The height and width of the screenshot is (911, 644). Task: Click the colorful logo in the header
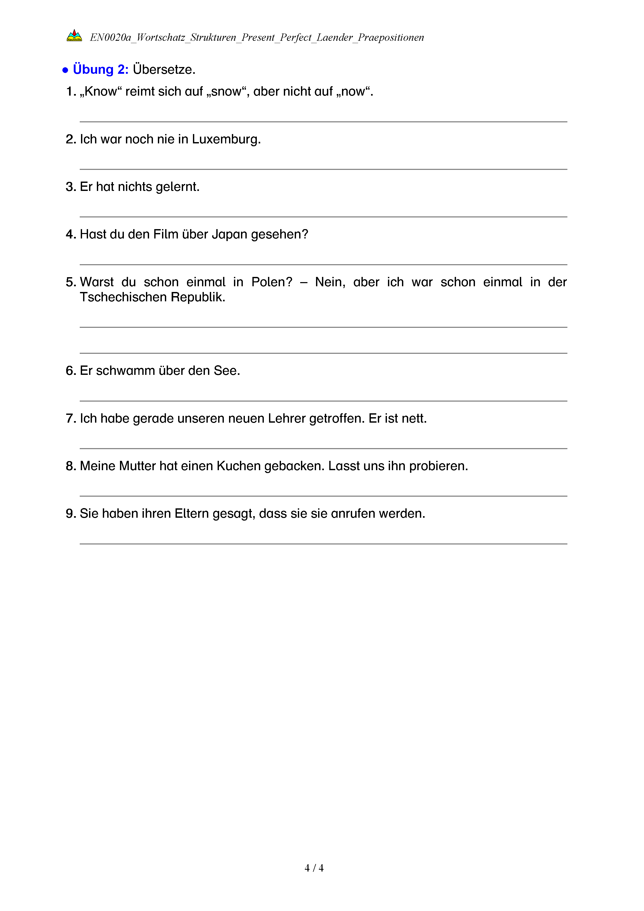click(x=74, y=36)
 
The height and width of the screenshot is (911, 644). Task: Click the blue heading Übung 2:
click(x=101, y=69)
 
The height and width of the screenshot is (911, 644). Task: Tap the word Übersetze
click(x=164, y=69)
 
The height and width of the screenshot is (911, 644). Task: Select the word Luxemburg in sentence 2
click(x=226, y=139)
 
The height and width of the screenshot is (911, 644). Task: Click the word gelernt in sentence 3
click(x=177, y=187)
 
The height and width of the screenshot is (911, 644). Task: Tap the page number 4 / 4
click(x=314, y=868)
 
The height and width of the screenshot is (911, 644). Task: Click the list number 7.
click(x=70, y=418)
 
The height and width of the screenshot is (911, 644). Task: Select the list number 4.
click(x=70, y=235)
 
